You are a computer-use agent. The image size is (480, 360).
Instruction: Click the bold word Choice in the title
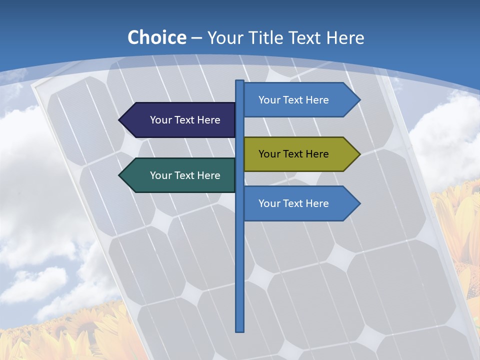tap(156, 38)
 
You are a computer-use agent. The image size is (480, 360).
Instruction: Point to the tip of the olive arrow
tap(359, 154)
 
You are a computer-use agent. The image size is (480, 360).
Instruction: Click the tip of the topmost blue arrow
tap(359, 100)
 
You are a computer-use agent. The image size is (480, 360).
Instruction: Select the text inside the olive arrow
tap(293, 154)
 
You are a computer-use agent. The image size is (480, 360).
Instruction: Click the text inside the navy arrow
tap(185, 120)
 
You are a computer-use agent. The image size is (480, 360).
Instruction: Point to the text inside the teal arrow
tap(185, 175)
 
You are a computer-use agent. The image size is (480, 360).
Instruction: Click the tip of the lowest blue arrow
tap(359, 203)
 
